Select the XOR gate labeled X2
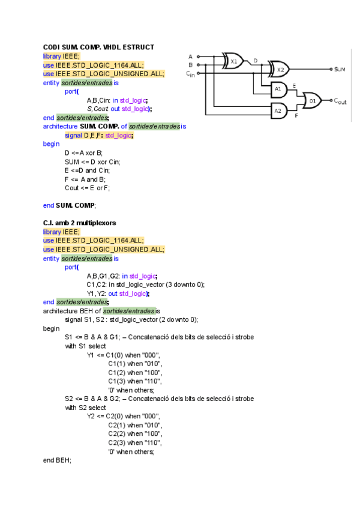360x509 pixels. click(280, 70)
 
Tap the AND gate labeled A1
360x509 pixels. click(277, 91)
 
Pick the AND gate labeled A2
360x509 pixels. click(277, 110)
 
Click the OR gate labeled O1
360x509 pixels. click(312, 101)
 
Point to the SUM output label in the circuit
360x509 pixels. click(340, 70)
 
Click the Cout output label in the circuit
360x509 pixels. click(340, 101)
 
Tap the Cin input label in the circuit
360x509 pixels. click(190, 74)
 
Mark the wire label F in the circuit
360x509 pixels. click(296, 115)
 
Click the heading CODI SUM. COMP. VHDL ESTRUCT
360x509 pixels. click(98, 47)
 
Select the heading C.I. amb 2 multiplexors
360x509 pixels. click(79, 223)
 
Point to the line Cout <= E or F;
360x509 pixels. click(88, 188)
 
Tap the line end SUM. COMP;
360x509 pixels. click(69, 205)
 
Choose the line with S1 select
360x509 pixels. click(85, 346)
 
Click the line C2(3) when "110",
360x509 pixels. click(135, 442)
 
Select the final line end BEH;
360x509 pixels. click(56, 460)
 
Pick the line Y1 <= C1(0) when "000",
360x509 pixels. click(124, 355)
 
